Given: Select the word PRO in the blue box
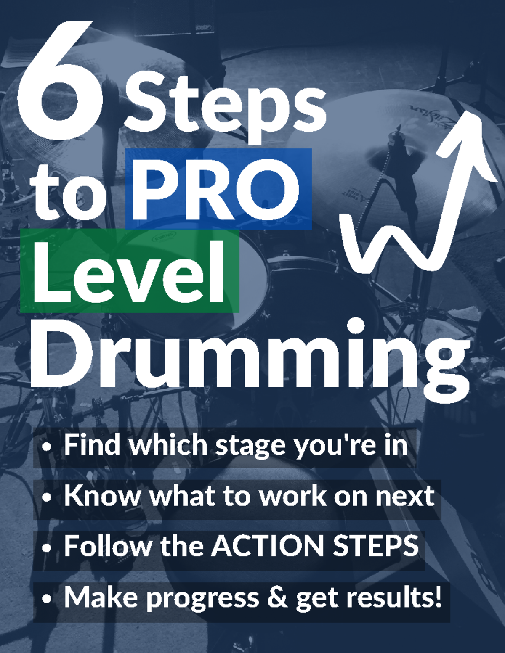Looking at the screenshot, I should click(x=217, y=189).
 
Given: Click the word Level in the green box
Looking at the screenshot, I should click(x=128, y=271).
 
